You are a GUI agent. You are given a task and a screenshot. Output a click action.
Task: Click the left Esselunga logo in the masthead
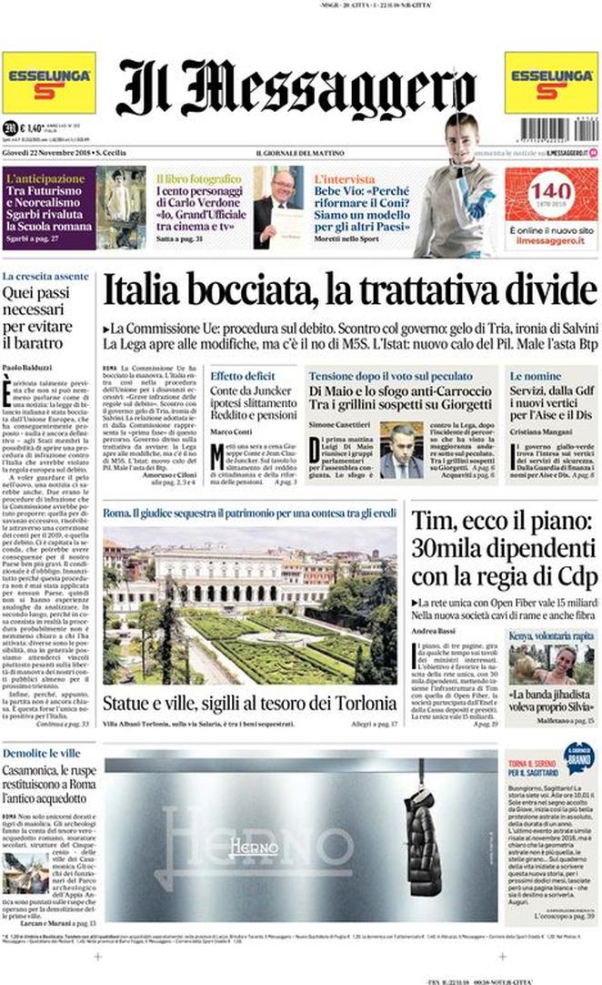[x=48, y=83]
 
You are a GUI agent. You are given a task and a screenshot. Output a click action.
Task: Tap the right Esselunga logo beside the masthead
[x=551, y=83]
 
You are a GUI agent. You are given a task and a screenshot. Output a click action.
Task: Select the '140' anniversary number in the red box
[x=551, y=190]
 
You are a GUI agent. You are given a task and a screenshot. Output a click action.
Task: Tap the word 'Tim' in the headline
[x=429, y=522]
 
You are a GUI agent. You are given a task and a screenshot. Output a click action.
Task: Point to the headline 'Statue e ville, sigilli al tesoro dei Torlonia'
[x=249, y=704]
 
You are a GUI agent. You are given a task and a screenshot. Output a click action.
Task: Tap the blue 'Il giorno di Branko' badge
[x=577, y=757]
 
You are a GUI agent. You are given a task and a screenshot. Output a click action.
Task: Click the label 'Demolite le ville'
[x=40, y=755]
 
